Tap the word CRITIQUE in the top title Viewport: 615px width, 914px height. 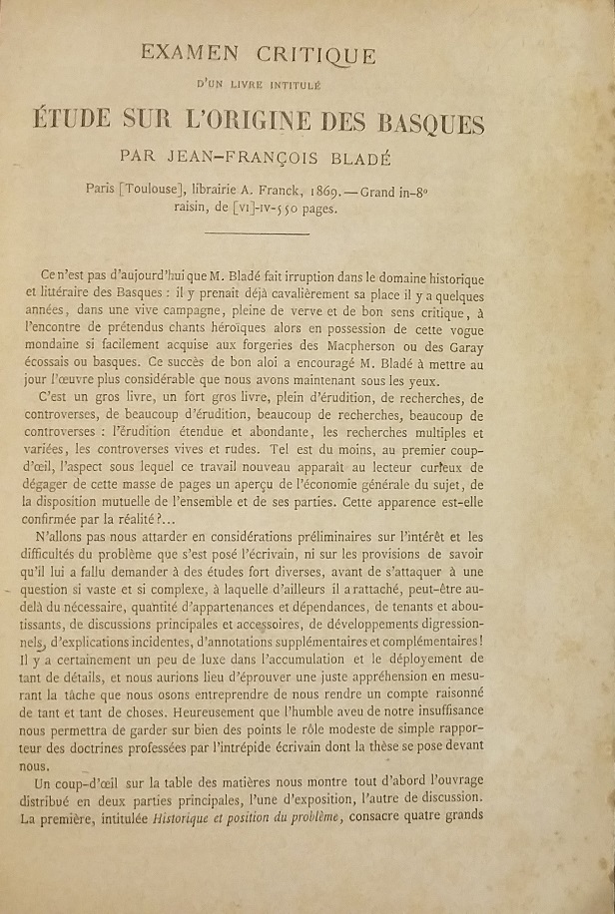311,55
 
